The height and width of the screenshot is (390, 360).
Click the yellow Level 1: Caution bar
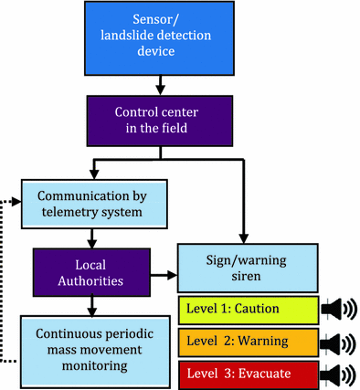tap(247, 309)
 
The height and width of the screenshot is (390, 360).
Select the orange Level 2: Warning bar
tap(247, 343)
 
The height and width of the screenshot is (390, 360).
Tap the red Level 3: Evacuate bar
tap(247, 374)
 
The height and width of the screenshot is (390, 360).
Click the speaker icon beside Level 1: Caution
tap(339, 309)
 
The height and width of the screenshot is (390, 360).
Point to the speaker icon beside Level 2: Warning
tap(339, 343)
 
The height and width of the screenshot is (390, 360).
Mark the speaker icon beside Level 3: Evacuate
tap(339, 374)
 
